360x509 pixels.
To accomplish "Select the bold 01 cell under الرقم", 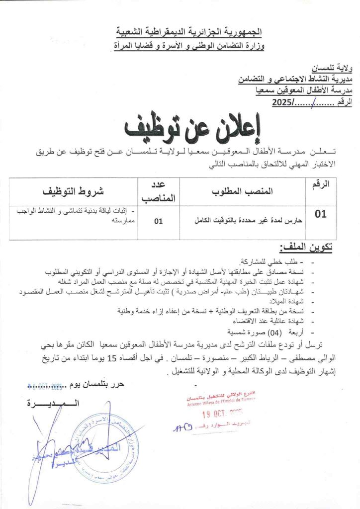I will (x=321, y=214).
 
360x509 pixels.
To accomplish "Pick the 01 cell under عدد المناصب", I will (x=158, y=222).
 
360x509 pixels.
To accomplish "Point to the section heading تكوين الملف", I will (x=306, y=247).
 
